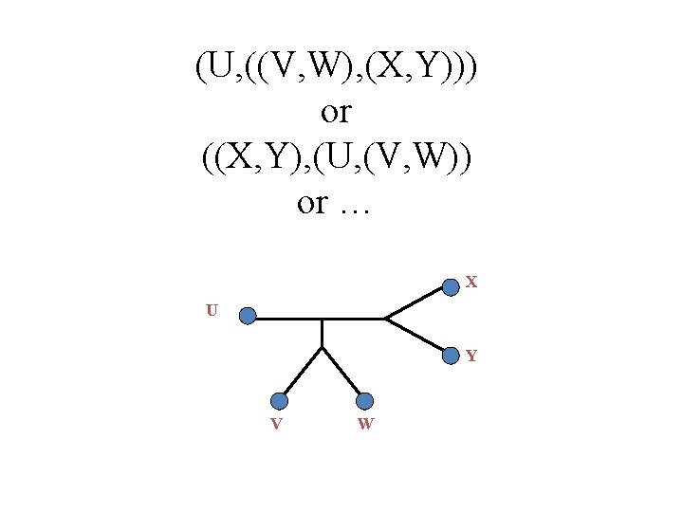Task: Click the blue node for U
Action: coord(248,316)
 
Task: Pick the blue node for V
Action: coord(279,401)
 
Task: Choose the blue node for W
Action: coord(365,401)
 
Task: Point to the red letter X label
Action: coord(471,283)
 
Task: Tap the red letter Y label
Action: coord(471,357)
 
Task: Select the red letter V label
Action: coord(275,424)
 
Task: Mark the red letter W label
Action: coord(365,424)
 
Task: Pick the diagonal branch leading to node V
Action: coord(302,373)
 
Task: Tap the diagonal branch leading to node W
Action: coord(342,373)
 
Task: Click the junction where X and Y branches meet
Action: coord(384,319)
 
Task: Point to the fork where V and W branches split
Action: coord(323,347)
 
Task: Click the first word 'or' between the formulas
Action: coord(337,113)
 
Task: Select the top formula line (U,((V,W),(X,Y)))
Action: coord(337,68)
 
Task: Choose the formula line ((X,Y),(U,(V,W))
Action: coord(337,157)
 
